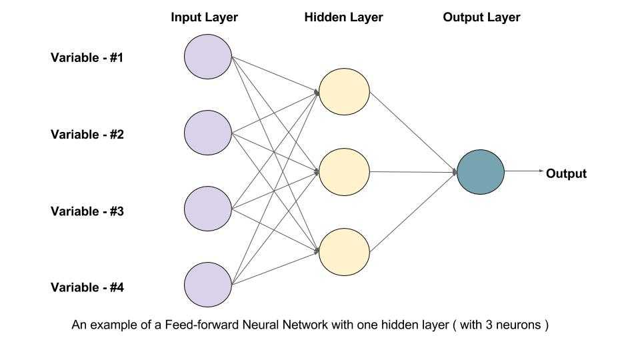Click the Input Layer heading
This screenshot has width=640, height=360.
point(203,17)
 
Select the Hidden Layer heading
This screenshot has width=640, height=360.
point(343,17)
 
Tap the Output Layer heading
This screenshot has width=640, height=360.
point(481,17)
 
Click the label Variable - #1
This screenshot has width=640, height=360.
point(87,57)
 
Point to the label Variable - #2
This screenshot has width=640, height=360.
point(87,134)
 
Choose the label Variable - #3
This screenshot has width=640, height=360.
point(87,211)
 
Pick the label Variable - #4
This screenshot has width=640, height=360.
point(87,288)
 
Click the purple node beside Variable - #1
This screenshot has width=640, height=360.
point(208,57)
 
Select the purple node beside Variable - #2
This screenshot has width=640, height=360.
point(208,133)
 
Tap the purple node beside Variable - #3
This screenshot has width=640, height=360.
point(208,210)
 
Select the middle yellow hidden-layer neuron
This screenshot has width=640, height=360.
point(344,171)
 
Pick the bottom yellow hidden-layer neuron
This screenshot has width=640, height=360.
point(344,251)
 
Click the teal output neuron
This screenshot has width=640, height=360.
point(481,171)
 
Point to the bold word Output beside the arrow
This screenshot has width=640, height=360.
point(566,174)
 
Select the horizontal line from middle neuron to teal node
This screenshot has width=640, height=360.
point(413,171)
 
